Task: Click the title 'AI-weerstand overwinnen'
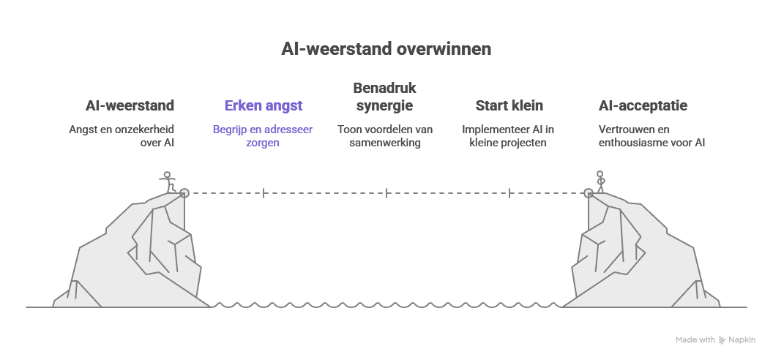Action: (386, 49)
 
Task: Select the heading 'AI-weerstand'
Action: (130, 106)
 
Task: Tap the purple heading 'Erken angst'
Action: (263, 106)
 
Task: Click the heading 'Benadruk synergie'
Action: (384, 97)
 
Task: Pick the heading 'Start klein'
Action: (509, 106)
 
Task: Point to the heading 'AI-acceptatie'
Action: (643, 106)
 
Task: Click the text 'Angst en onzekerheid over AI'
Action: (122, 136)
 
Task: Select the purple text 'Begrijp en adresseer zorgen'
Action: (263, 136)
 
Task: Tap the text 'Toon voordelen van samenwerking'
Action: (384, 136)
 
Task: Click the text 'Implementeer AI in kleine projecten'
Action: (508, 136)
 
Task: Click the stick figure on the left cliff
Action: (169, 181)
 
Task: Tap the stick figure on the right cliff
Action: (601, 181)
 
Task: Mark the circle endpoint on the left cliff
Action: (184, 193)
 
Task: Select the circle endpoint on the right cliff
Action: (589, 193)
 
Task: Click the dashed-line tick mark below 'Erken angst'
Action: (264, 193)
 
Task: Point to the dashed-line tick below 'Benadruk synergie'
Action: (386, 193)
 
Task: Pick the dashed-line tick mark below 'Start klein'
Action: (509, 193)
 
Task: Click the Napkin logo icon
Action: (722, 340)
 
